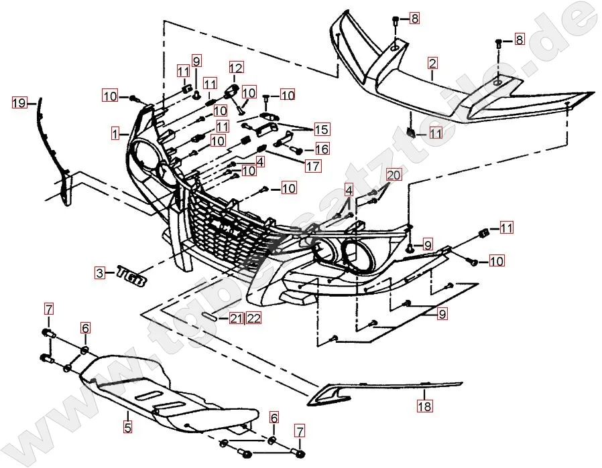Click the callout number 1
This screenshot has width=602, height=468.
tap(116, 134)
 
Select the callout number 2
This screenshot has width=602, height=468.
tap(432, 64)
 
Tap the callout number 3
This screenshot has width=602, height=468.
tap(100, 272)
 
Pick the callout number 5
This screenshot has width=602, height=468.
tap(127, 424)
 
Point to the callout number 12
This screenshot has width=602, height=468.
tap(235, 68)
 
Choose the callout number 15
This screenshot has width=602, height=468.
tap(321, 129)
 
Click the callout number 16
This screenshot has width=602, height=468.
tap(321, 149)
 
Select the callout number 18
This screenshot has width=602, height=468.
tap(424, 406)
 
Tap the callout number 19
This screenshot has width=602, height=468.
tap(19, 103)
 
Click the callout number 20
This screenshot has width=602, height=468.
tap(393, 176)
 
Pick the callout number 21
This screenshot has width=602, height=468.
tap(236, 318)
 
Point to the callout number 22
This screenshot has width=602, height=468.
tap(253, 318)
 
